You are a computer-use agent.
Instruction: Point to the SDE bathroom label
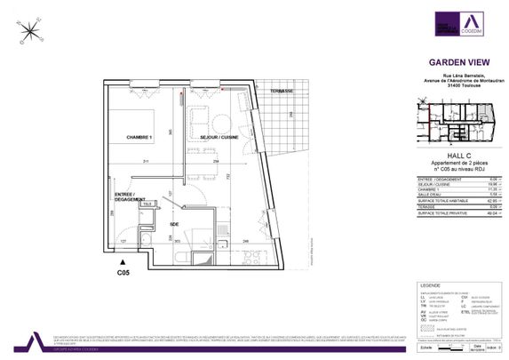(174, 224)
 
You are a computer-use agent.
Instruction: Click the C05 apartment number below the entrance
(123, 274)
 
